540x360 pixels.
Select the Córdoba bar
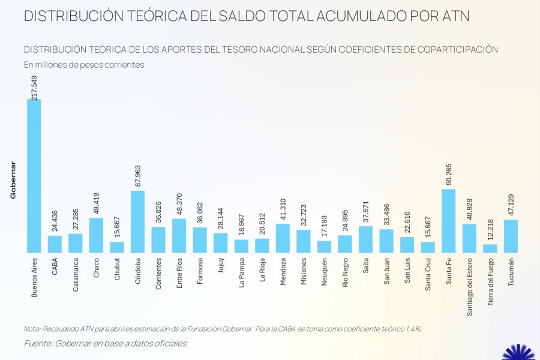[137, 221]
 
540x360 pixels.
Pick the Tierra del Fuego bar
[490, 248]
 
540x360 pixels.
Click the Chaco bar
[96, 235]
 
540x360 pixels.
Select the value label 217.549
[34, 79]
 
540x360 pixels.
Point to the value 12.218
[490, 226]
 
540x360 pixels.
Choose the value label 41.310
[283, 206]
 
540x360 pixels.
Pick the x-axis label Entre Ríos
[179, 274]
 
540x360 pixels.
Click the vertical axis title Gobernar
[13, 180]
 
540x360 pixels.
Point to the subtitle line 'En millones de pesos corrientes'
[84, 65]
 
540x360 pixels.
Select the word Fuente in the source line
[38, 343]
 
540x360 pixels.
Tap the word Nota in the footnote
[32, 329]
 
